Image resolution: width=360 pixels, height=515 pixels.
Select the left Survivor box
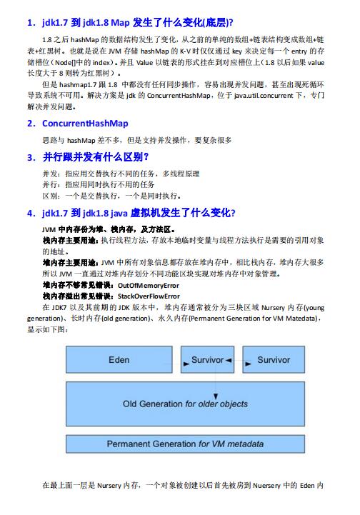pos(208,360)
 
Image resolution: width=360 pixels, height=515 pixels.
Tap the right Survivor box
pos(273,360)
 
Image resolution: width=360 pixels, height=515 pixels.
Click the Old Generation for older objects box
pos(186,404)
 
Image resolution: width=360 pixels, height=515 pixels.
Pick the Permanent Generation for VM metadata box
pos(185,444)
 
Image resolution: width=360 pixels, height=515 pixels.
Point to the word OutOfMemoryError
pos(148,284)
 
